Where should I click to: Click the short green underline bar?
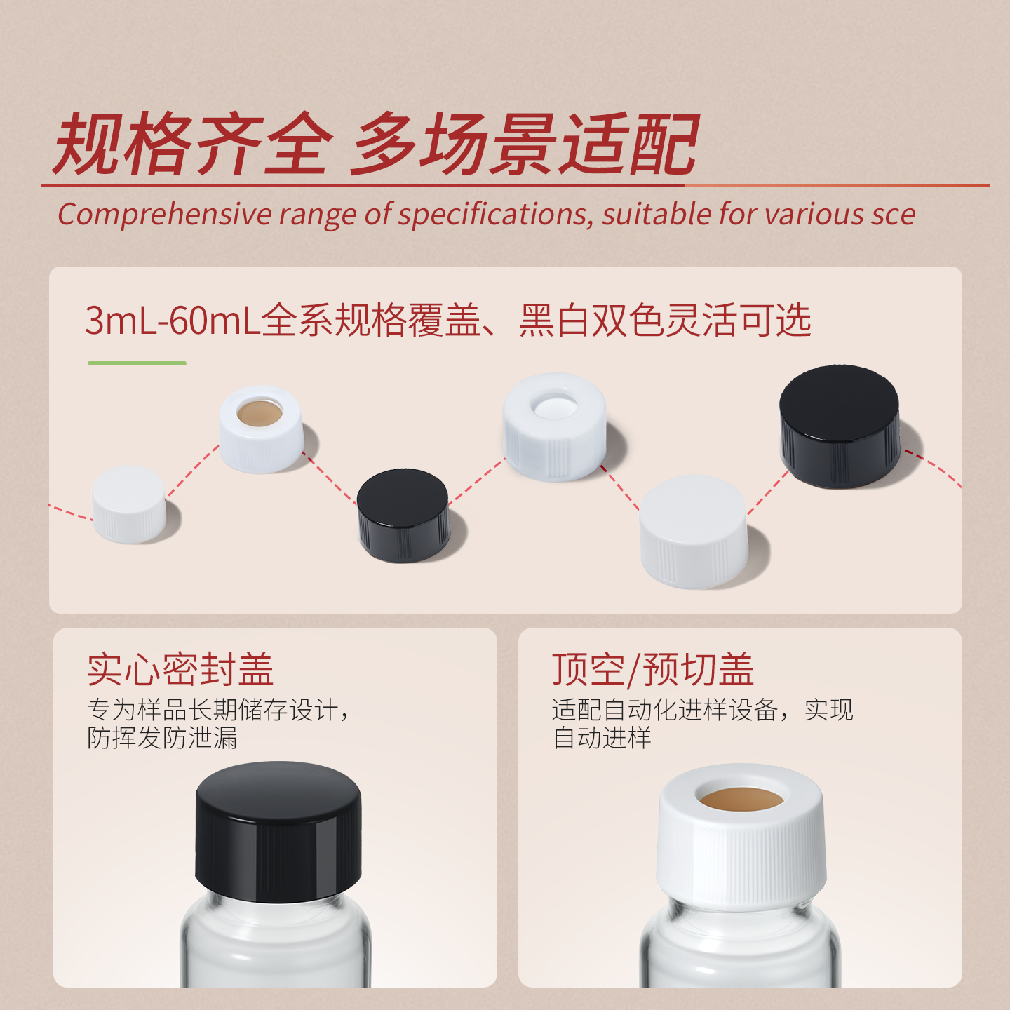click(137, 363)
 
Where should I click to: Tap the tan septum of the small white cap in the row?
click(260, 413)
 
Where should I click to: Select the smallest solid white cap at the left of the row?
click(129, 504)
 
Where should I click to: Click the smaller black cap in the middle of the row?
click(403, 516)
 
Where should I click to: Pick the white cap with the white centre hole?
click(555, 426)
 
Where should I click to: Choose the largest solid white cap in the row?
click(694, 532)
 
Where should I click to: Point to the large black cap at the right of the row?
click(840, 426)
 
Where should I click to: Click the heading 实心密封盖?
click(180, 669)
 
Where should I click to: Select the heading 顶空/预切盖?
click(652, 669)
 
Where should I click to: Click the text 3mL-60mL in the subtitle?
click(173, 320)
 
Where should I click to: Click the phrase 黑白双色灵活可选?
click(665, 320)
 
